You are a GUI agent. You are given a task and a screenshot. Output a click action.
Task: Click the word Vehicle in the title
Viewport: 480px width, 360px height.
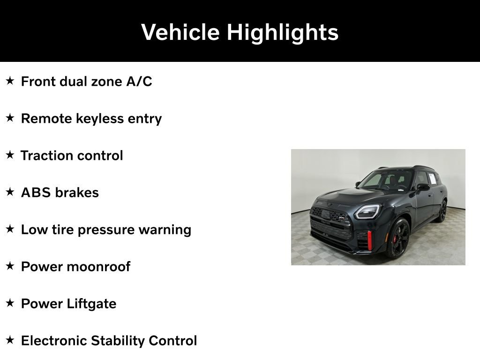(x=180, y=32)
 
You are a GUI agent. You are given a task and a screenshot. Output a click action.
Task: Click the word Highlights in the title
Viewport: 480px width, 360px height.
(x=283, y=32)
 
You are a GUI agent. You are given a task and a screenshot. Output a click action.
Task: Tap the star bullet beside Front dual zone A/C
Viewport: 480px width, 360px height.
(x=10, y=81)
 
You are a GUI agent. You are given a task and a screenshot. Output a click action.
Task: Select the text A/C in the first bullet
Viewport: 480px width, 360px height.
(x=139, y=82)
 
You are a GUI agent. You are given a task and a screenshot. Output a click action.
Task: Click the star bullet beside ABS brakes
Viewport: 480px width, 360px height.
(x=10, y=192)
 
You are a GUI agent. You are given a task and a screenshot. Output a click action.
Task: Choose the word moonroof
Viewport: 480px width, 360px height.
(x=99, y=267)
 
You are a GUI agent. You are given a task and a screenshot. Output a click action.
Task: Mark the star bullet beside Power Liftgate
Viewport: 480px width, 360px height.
(x=10, y=303)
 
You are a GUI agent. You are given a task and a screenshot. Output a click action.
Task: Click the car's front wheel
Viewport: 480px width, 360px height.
(x=398, y=239)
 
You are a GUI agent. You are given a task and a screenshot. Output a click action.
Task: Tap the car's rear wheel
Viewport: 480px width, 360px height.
(x=442, y=211)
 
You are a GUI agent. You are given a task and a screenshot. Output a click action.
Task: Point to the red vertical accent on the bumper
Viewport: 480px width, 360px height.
(x=369, y=240)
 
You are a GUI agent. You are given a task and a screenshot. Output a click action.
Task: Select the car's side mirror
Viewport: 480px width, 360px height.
(x=423, y=187)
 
